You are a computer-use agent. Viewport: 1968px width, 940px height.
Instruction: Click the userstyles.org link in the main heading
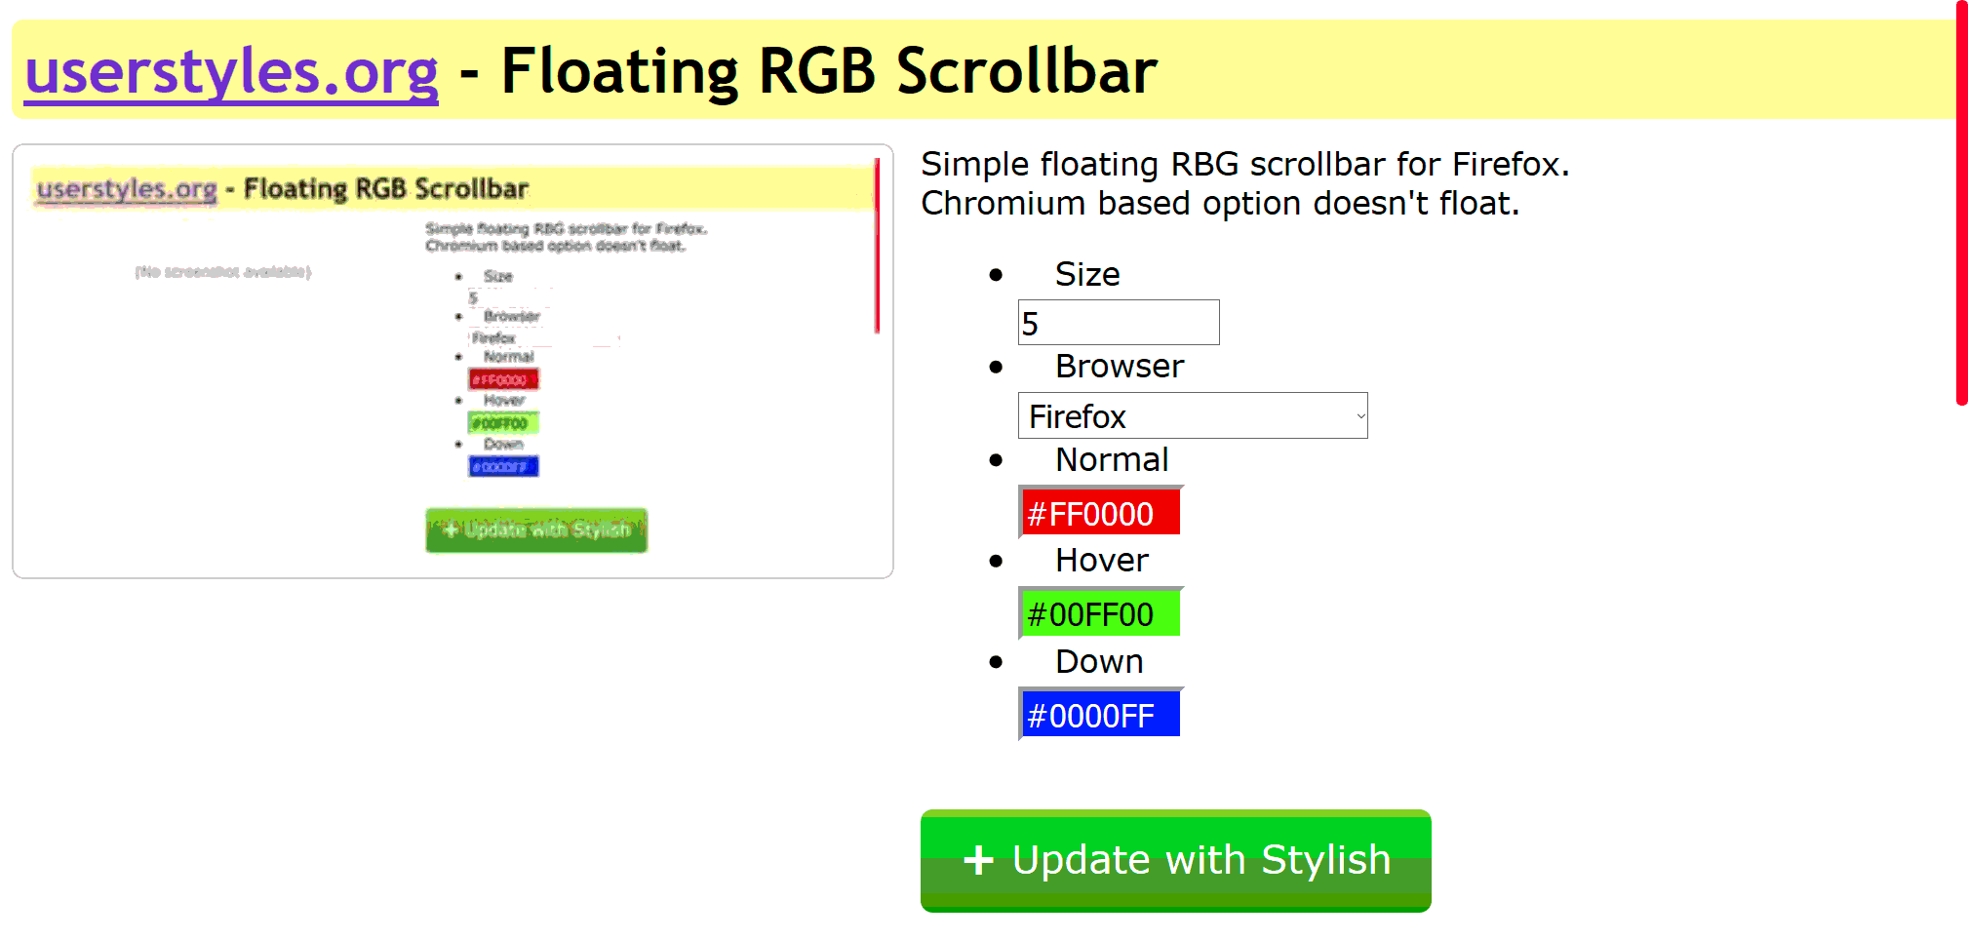click(231, 72)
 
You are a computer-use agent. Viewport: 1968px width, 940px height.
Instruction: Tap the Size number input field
click(1118, 323)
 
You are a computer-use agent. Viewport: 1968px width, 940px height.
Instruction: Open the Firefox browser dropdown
click(1192, 416)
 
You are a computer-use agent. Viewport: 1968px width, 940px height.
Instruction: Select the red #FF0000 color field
click(1100, 512)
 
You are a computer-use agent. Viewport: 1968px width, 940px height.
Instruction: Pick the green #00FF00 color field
click(1100, 613)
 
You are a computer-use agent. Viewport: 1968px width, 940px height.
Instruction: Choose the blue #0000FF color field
click(1100, 715)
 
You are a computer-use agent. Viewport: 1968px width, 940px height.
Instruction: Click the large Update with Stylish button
click(1175, 860)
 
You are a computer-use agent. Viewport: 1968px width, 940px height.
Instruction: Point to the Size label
click(1086, 275)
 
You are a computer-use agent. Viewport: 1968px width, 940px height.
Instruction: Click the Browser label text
click(1119, 367)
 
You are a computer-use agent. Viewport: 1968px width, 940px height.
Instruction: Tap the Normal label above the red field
click(1112, 460)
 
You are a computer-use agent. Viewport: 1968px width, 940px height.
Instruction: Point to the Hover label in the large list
click(1102, 561)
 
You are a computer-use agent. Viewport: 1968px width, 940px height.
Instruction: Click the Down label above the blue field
click(1099, 662)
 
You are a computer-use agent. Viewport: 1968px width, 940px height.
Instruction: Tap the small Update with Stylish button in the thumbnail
click(536, 530)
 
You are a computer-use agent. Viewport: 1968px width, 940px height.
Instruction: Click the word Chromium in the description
click(1003, 204)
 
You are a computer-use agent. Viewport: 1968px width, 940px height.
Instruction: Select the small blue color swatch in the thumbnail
click(503, 467)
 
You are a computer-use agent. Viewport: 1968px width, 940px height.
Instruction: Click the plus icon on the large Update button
click(978, 860)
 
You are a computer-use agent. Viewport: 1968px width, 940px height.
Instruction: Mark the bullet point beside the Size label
click(996, 275)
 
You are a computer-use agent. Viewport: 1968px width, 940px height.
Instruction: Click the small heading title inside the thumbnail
click(385, 189)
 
